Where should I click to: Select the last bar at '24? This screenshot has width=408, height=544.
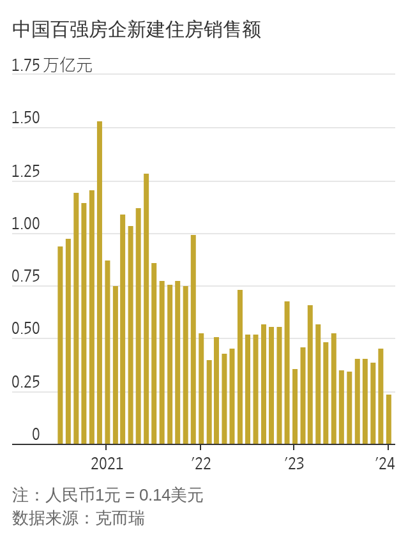389,419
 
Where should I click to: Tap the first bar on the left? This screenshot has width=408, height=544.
60,345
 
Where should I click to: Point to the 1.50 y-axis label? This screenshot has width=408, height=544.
26,119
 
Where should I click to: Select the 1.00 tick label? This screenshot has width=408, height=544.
26,225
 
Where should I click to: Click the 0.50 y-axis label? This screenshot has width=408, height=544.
26,330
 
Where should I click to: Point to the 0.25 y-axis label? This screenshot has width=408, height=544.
26,383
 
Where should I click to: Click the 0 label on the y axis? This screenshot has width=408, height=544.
36,435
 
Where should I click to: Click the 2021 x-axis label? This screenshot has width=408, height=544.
107,463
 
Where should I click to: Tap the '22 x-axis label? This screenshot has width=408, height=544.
200,463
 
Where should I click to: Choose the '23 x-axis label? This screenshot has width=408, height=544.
294,463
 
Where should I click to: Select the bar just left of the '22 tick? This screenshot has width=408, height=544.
193,339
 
